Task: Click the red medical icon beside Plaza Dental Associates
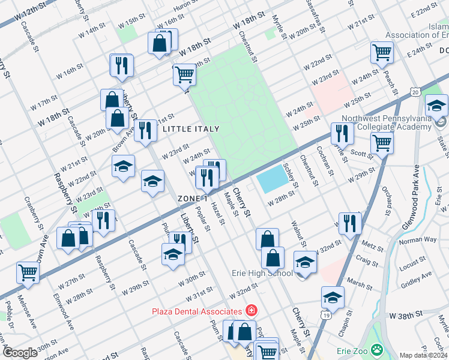251,311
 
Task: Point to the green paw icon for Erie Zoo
376,349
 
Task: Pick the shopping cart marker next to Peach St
381,53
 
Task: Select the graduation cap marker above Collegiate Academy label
436,106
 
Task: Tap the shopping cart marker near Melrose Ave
28,272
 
